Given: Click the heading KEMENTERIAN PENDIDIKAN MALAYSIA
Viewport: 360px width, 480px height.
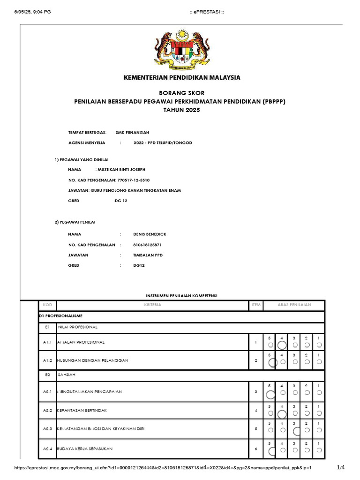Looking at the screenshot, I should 181,77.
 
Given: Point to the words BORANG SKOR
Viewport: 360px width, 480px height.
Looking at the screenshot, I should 181,93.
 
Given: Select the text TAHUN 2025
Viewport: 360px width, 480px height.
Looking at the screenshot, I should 181,110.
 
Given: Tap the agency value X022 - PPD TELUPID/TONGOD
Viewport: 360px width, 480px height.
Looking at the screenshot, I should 163,142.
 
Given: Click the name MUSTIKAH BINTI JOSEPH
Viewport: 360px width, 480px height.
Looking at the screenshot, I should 123,169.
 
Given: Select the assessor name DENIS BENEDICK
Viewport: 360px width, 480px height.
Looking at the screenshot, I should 150,234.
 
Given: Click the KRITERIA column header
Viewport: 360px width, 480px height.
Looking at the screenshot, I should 153,305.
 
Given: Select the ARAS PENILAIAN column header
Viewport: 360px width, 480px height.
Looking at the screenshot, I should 294,305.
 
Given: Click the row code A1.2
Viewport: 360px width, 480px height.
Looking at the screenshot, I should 47,360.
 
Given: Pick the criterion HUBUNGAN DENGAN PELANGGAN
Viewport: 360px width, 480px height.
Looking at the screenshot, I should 92,360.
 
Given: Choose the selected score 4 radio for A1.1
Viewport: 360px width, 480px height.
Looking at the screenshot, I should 282,345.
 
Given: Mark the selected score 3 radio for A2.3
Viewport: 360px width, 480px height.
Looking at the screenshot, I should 295,429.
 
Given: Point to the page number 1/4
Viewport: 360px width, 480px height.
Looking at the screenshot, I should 341,467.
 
